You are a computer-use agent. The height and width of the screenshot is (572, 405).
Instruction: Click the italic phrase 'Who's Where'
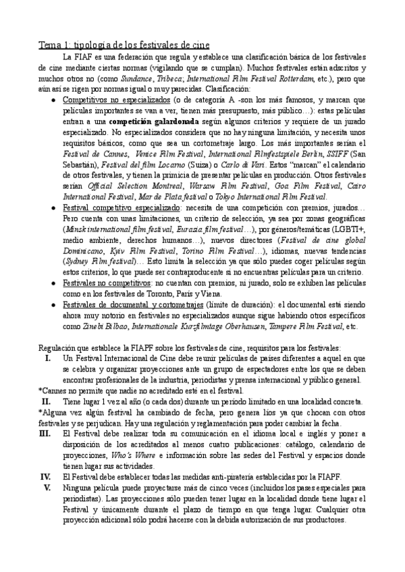click(134, 455)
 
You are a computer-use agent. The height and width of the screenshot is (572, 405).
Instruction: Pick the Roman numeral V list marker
click(47, 487)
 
